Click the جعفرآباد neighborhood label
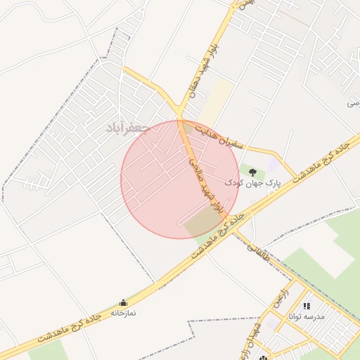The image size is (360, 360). (127, 128)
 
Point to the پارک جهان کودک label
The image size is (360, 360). (252, 182)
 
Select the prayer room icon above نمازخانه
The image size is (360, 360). (124, 302)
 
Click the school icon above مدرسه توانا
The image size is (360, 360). (307, 306)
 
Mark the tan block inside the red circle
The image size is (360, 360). (202, 222)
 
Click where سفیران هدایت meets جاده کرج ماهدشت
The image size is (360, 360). (294, 176)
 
